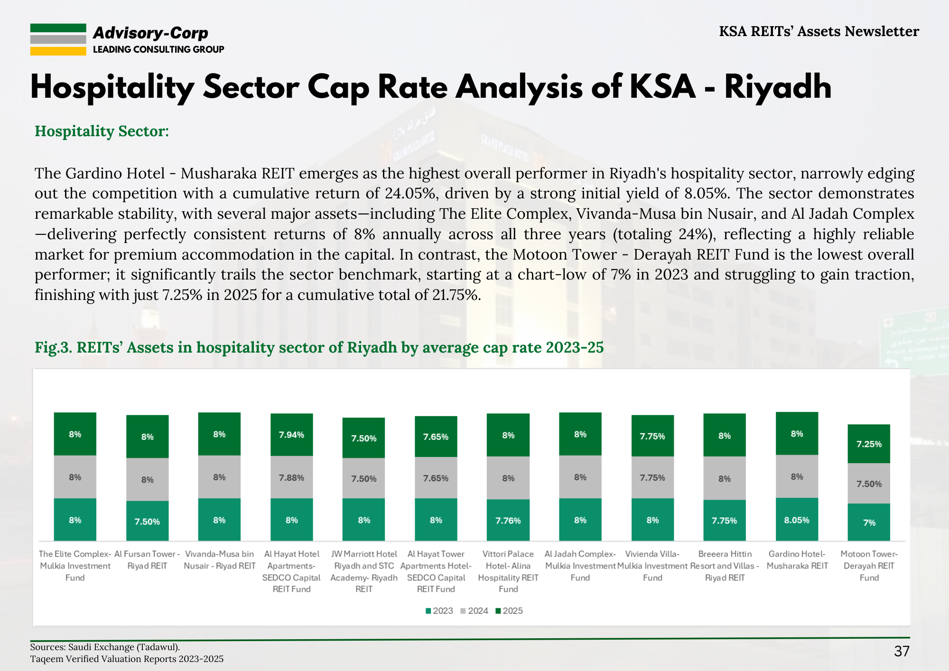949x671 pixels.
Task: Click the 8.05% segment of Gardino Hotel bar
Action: (x=797, y=520)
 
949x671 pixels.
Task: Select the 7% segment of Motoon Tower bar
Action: (x=869, y=522)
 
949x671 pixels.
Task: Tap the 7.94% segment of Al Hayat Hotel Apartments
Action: (x=291, y=435)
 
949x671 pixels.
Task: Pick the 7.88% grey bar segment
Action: (x=291, y=477)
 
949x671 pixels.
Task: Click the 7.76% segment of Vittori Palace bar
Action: (x=508, y=520)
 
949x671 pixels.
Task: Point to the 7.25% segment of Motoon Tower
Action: (x=869, y=444)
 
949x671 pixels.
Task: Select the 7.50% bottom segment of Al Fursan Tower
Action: (x=147, y=521)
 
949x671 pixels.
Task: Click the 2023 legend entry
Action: (x=439, y=611)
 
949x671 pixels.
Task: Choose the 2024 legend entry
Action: (x=474, y=611)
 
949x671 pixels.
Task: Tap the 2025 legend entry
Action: (x=509, y=611)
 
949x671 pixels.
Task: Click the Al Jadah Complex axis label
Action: (x=580, y=566)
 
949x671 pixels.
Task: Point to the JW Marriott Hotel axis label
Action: (x=364, y=571)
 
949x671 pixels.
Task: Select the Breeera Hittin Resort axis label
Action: (x=725, y=566)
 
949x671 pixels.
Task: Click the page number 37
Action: (x=902, y=651)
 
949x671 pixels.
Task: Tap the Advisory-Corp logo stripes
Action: (x=58, y=39)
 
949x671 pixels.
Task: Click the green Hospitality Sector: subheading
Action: (x=102, y=131)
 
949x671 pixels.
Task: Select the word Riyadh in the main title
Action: (x=778, y=87)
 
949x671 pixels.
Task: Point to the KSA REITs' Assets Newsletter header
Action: (x=819, y=31)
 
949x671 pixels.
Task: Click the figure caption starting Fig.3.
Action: (x=319, y=347)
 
